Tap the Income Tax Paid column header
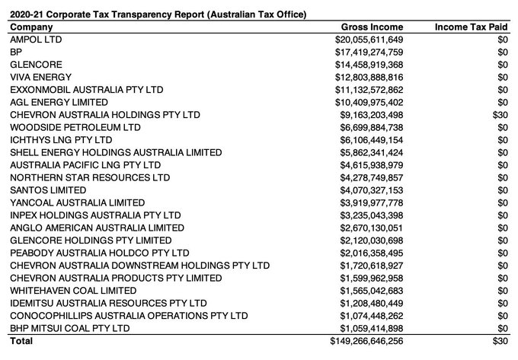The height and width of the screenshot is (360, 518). click(x=470, y=27)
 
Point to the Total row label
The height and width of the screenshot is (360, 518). click(x=21, y=341)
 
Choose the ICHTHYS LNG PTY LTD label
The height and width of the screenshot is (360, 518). click(x=61, y=139)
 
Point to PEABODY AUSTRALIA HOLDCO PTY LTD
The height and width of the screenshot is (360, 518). click(x=99, y=252)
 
